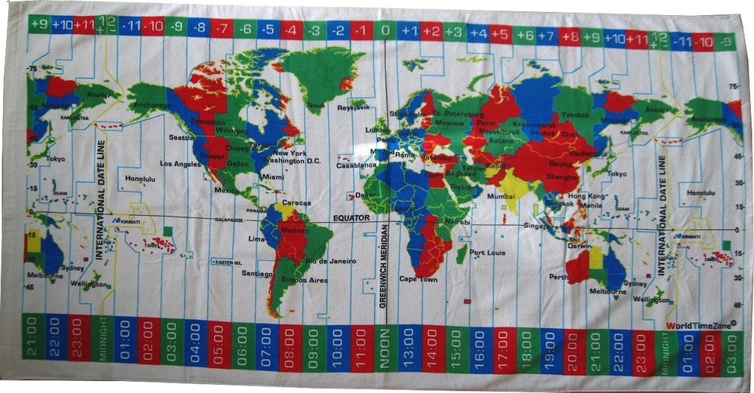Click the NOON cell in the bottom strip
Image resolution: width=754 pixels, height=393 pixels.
tap(385, 348)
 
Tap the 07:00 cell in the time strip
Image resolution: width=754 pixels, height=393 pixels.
tap(267, 349)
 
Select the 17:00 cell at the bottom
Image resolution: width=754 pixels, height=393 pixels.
tap(503, 348)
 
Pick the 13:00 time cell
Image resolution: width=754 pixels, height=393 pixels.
tap(409, 348)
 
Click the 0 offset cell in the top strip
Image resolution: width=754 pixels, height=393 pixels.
tap(385, 31)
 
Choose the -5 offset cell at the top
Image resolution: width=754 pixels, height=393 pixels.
tap(268, 29)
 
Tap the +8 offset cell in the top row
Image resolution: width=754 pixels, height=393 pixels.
tap(570, 35)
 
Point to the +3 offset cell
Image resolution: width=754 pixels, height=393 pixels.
tap(454, 32)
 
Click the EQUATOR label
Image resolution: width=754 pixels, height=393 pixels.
tap(351, 217)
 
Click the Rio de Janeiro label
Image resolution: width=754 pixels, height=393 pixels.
tap(330, 261)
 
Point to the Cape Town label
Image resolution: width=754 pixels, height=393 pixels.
tap(418, 279)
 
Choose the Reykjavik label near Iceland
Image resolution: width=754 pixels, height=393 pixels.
tap(353, 107)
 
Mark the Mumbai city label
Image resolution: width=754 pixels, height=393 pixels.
tap(501, 195)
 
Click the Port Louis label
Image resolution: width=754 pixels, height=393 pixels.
tap(487, 253)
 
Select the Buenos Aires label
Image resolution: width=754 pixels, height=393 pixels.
tap(304, 280)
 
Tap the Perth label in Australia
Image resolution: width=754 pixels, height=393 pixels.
tap(559, 277)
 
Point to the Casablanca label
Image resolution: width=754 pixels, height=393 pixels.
tap(356, 164)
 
